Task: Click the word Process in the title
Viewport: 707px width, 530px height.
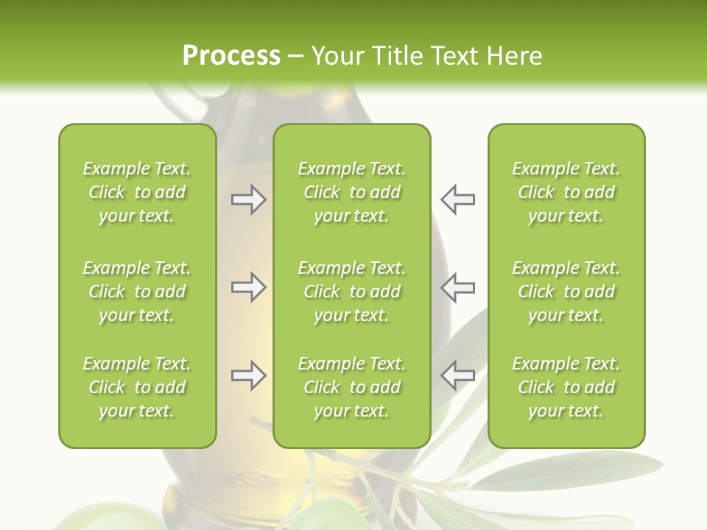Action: [x=231, y=55]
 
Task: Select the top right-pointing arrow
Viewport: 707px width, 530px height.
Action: [x=248, y=199]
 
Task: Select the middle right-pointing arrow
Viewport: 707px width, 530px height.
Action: [x=248, y=287]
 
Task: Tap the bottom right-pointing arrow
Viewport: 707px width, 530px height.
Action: [x=248, y=375]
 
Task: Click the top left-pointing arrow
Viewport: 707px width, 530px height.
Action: [x=457, y=199]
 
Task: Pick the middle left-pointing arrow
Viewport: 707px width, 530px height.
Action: [x=457, y=287]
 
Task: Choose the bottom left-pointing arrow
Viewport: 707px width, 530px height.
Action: [x=457, y=375]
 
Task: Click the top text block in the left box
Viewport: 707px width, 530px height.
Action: [x=137, y=192]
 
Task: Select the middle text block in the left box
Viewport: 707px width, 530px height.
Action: [x=137, y=291]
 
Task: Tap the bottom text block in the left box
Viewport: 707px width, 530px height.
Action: [x=137, y=387]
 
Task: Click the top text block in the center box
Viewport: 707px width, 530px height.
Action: [x=352, y=192]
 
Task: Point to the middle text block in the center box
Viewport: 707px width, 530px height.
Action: [x=352, y=291]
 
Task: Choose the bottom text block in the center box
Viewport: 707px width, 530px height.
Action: [x=352, y=387]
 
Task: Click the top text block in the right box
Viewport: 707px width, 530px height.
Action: [x=566, y=192]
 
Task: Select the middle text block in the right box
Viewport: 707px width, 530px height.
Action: [x=566, y=291]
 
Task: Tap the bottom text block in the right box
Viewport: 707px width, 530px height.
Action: [x=566, y=387]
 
